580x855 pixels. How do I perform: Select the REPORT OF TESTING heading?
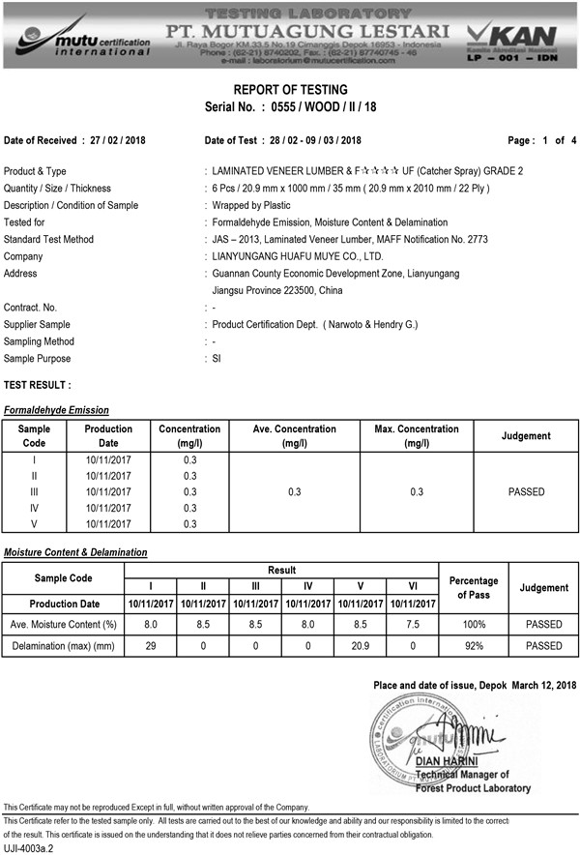(x=289, y=90)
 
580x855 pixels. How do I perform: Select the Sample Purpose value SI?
(x=217, y=358)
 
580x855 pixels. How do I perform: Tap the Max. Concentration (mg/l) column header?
(x=417, y=436)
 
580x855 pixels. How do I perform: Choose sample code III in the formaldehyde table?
(x=35, y=492)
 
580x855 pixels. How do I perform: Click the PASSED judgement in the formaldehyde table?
(x=526, y=492)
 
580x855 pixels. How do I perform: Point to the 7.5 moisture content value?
(x=412, y=625)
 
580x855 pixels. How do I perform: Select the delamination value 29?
(x=150, y=645)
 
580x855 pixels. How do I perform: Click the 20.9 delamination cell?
(x=360, y=645)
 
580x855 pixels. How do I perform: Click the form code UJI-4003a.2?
(x=29, y=847)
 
